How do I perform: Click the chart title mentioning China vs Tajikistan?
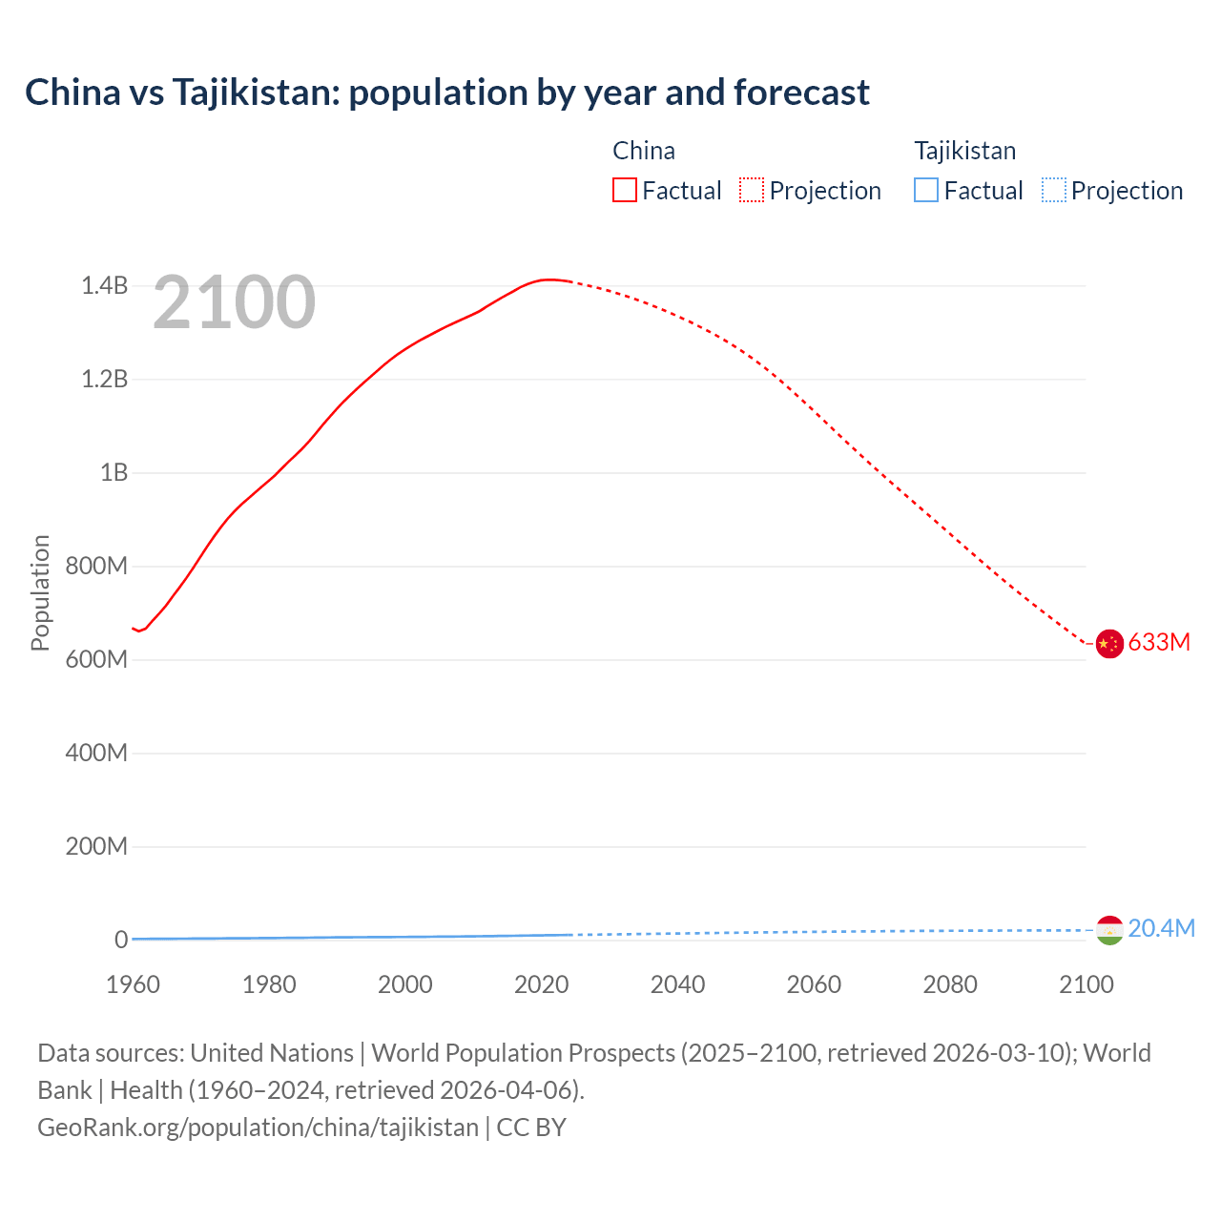click(x=446, y=93)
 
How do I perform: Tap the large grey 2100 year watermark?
click(x=234, y=302)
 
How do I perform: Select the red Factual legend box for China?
click(x=625, y=190)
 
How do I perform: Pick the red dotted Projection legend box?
click(x=752, y=190)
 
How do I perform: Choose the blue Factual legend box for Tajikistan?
click(x=926, y=190)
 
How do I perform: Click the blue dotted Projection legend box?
click(x=1053, y=190)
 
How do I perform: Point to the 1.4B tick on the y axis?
click(x=104, y=285)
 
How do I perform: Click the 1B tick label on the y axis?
click(x=114, y=472)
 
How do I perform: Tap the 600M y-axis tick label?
click(x=96, y=659)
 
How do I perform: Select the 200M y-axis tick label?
click(x=96, y=846)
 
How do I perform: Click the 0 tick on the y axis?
click(x=121, y=940)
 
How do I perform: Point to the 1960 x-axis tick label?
click(x=133, y=984)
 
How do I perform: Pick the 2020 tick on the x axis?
click(x=541, y=984)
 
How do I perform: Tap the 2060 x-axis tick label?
click(x=814, y=984)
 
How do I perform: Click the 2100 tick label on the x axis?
click(x=1086, y=984)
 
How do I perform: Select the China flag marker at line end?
click(x=1109, y=644)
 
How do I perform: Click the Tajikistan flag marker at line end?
click(x=1109, y=930)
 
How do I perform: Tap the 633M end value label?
click(x=1159, y=642)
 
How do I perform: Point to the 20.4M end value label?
click(x=1161, y=928)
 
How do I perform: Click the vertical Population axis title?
click(x=40, y=592)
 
